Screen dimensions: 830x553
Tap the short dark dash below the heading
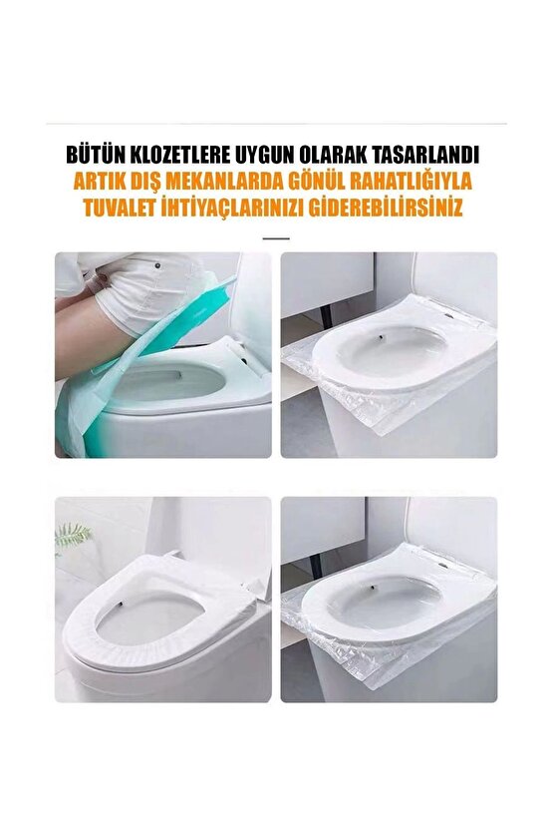(x=276, y=238)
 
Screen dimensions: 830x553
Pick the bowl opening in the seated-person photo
(x=169, y=384)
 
